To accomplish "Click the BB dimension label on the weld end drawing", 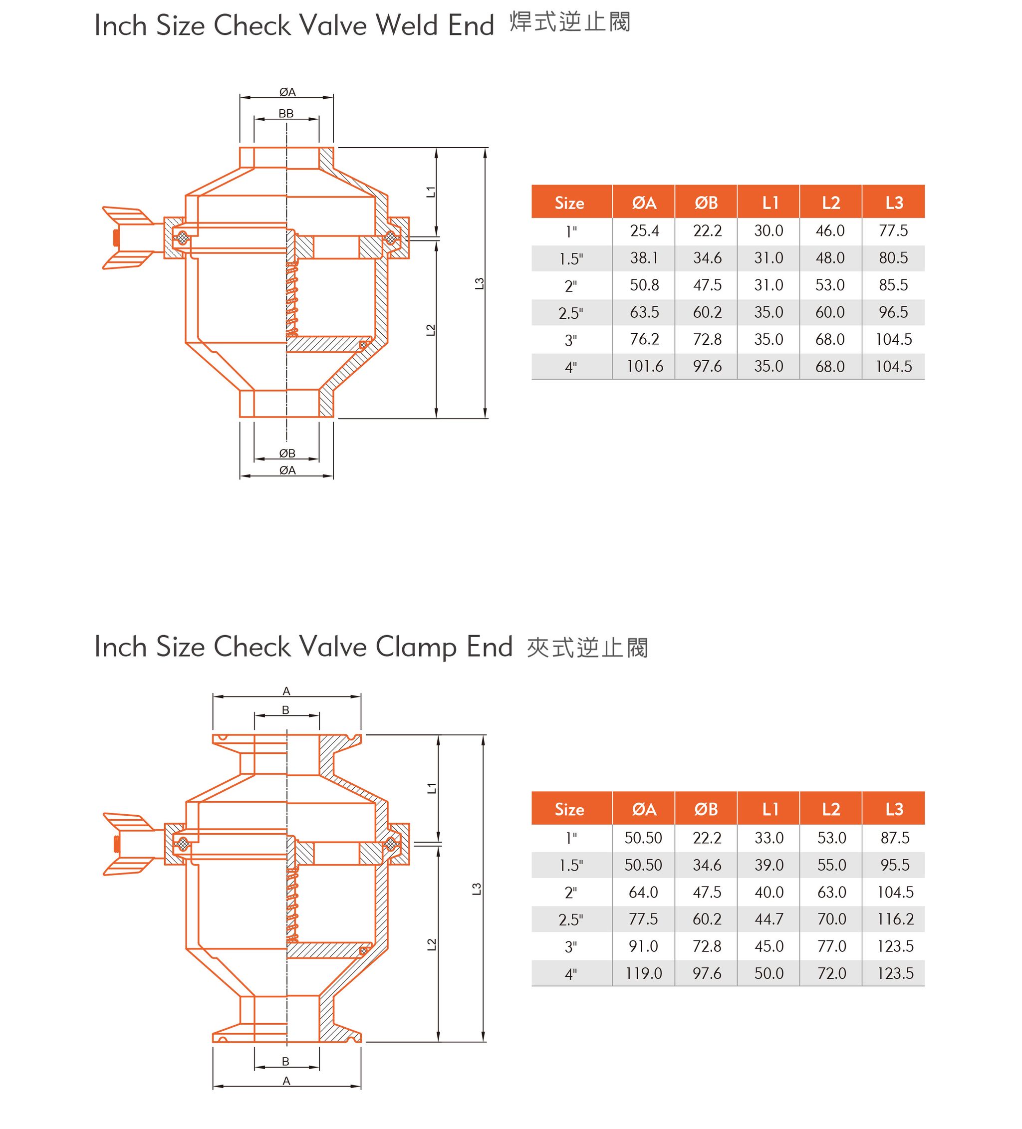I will (286, 114).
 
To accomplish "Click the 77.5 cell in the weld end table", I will (893, 230).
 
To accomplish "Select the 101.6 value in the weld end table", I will (644, 366).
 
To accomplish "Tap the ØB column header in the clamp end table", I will (706, 809).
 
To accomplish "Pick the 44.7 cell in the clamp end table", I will (768, 919).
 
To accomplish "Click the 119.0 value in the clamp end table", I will (643, 973).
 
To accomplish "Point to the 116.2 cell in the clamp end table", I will (895, 919).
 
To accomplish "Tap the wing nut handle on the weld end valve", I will (128, 238).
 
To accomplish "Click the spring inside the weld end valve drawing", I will (292, 300).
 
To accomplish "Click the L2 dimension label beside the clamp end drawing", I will (431, 944).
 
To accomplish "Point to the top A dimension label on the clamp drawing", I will (286, 691).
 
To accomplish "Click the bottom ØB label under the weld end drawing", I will (287, 453).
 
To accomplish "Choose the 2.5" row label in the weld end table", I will (570, 312).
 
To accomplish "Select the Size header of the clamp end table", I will (569, 809).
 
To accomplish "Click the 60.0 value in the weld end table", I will (829, 312).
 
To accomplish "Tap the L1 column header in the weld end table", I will (770, 203).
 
